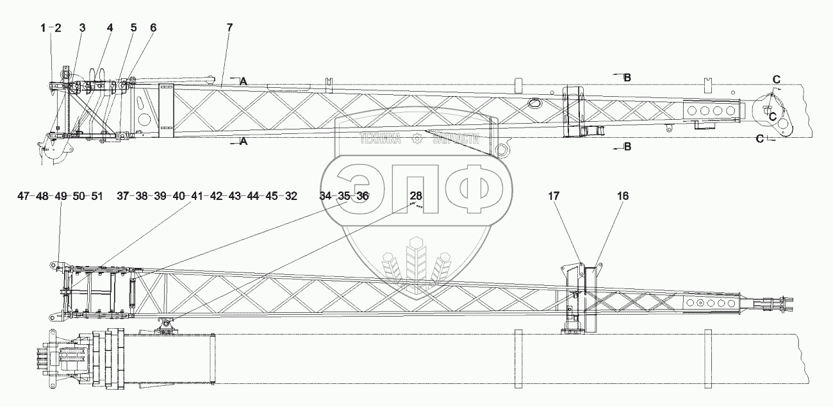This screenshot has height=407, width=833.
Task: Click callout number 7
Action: click(x=229, y=28)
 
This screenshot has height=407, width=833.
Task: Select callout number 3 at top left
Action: click(x=82, y=28)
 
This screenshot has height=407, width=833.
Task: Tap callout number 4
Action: click(x=110, y=28)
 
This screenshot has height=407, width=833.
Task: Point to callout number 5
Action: click(x=133, y=28)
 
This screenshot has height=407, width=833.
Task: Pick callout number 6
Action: click(x=153, y=28)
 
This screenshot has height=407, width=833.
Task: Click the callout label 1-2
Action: click(x=51, y=28)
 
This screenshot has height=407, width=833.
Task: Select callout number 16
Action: click(x=623, y=197)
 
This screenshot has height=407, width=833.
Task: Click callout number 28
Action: click(x=416, y=196)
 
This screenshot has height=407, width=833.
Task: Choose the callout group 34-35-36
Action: click(x=344, y=196)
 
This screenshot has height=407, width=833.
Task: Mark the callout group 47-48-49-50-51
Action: click(x=60, y=196)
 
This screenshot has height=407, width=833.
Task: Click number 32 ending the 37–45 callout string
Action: click(x=291, y=196)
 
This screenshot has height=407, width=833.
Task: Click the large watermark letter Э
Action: click(x=360, y=186)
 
